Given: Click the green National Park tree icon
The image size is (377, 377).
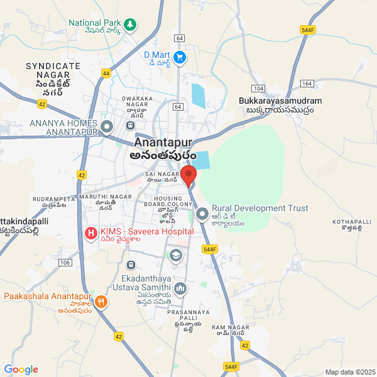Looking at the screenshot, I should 130,25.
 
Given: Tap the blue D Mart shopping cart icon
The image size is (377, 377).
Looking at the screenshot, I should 180,57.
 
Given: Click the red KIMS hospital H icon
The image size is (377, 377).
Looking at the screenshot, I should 91,234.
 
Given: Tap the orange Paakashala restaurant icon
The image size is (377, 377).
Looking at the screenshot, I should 101,302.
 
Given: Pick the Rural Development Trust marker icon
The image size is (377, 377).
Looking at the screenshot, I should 202,215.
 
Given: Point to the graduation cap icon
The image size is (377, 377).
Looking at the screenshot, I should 175,255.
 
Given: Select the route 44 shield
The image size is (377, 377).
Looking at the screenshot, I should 106,74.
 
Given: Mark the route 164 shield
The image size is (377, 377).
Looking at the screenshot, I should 307,83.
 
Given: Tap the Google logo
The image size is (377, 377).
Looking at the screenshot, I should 21,369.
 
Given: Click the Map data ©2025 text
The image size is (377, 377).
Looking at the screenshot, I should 349,371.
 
